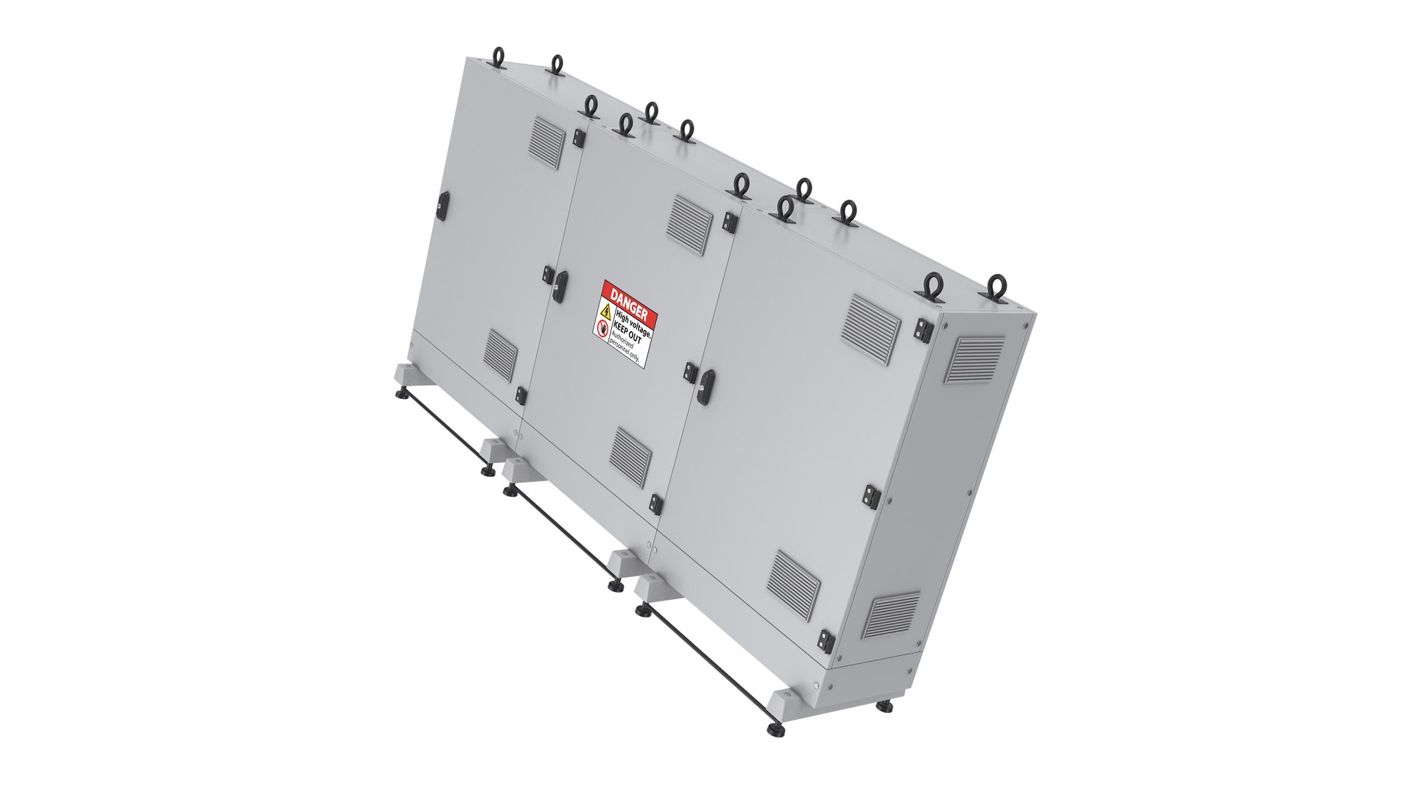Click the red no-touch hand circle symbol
click(x=602, y=329)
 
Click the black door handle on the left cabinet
click(x=444, y=205)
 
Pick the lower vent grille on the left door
click(x=502, y=355)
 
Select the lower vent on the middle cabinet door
click(x=633, y=456)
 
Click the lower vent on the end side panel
click(x=891, y=616)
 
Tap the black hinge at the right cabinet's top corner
click(x=922, y=330)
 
